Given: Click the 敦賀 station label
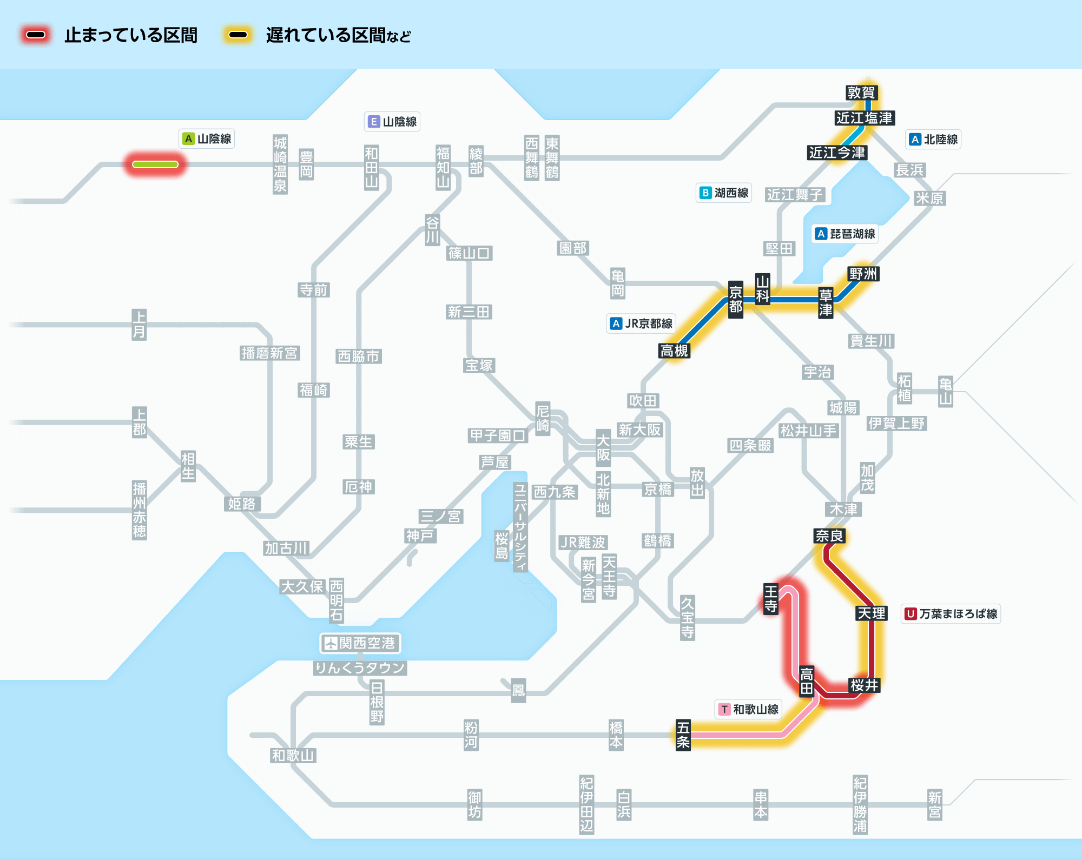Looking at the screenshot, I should pos(861,93).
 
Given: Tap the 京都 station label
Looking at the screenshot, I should pos(735,300).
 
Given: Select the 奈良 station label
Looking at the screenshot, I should pos(829,536).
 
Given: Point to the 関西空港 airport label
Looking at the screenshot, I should pos(360,643).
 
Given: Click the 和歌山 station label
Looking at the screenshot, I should pos(293,756).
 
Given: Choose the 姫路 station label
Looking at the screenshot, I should pos(242,504).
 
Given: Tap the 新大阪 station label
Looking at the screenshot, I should pos(639,430).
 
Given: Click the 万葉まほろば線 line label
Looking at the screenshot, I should pos(951,614).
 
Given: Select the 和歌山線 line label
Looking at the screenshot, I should pos(749,709).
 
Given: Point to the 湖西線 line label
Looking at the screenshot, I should pos(724,193).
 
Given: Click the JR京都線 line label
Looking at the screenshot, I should pos(641,323).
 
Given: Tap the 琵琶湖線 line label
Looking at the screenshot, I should pos(846,234).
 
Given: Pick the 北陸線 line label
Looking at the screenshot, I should pos(933,140).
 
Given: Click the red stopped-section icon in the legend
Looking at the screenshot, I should pos(36,35).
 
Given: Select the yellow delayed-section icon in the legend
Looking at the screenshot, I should pos(238,35).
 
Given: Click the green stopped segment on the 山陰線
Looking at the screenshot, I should pos(155,164).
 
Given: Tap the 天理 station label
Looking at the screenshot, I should pos(872,613).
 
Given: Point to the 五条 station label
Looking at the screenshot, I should pos(683,735).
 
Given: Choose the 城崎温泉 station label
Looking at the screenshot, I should pos(280,164).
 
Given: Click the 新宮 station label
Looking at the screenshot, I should pos(934,804).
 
